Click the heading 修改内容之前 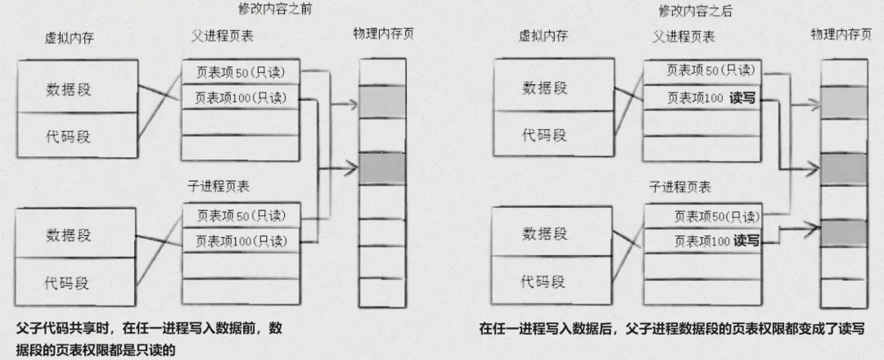[275, 10]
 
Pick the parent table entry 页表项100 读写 [710, 98]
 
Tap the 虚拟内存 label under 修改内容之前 [71, 38]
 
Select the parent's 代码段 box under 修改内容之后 [544, 133]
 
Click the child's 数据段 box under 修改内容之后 [544, 234]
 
